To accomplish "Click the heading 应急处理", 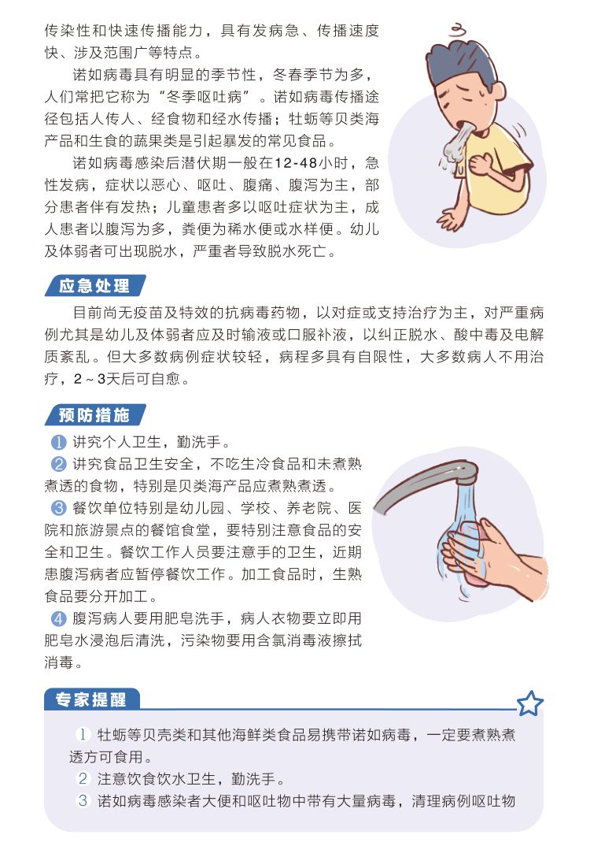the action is [94, 286].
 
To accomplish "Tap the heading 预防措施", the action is [94, 415].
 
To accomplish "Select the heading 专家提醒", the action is [90, 699].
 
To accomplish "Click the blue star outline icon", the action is [529, 703].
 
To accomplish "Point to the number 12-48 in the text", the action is [296, 163].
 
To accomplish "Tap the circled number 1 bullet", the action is [58, 442].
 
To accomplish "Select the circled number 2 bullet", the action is [58, 464].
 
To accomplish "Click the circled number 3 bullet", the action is [58, 508].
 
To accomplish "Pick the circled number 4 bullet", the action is [58, 618].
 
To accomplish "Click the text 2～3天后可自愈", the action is [127, 379].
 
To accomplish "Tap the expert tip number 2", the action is [83, 778].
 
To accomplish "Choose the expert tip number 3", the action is [83, 801].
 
